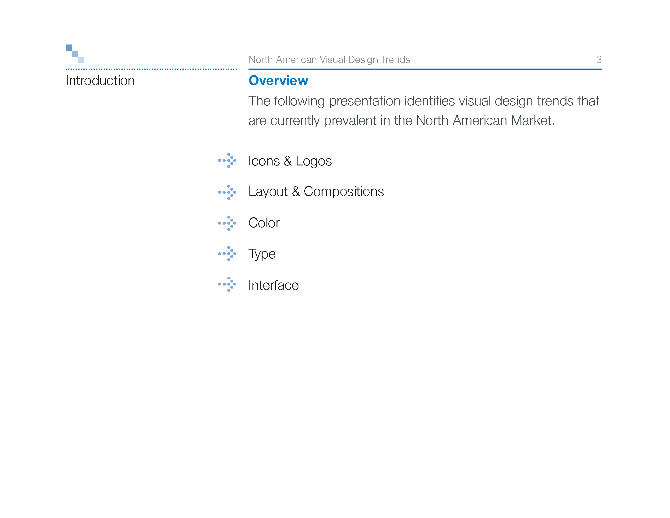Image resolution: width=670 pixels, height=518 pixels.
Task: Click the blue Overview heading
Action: point(278,80)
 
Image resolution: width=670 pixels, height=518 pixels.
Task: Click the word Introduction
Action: point(100,81)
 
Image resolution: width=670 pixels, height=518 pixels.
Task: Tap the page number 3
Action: point(598,59)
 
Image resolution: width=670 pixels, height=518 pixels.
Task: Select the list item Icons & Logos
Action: point(290,161)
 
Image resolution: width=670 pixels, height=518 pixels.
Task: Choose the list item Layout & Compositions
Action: point(316,192)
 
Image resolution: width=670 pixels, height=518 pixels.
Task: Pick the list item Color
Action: point(264,223)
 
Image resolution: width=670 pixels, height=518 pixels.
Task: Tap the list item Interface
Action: point(273,285)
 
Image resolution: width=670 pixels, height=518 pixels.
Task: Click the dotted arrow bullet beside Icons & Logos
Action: point(227,161)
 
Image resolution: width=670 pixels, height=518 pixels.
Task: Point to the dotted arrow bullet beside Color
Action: point(227,223)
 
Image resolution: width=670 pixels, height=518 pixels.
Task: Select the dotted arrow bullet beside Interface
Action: point(227,284)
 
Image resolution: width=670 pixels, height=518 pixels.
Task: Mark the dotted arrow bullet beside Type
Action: point(227,254)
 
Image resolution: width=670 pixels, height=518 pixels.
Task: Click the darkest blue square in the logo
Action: point(69,48)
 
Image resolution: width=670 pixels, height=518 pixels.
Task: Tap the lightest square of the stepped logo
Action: point(81,60)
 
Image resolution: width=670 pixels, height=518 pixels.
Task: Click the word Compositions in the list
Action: point(344,192)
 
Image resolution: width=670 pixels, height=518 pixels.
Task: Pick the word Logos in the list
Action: point(313,161)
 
